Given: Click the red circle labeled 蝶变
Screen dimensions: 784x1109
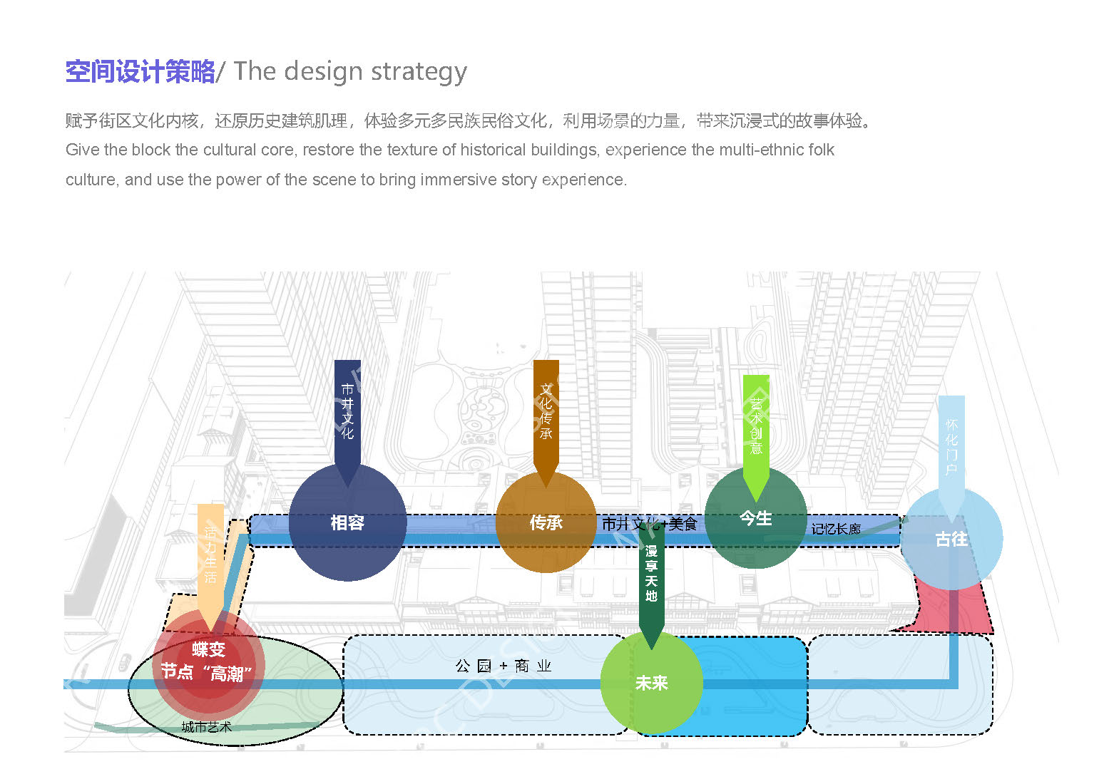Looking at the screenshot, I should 208,663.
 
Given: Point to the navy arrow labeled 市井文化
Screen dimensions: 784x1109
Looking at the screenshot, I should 347,413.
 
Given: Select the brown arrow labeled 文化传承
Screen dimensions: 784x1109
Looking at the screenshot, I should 546,413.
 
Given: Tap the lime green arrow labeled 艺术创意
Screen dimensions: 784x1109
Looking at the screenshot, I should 756,428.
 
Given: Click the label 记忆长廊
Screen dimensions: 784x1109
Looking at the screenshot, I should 836,529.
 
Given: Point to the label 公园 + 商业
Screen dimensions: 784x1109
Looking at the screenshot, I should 504,666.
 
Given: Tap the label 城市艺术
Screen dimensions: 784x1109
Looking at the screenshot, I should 206,727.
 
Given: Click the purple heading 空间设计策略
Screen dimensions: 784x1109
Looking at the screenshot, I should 140,71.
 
